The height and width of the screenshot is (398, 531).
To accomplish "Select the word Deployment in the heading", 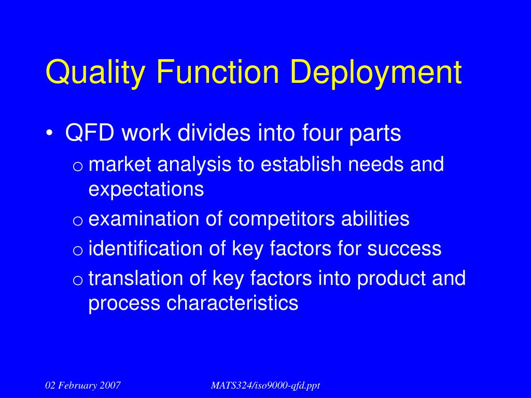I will point(375,73).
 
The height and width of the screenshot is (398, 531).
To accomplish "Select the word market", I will point(120,165).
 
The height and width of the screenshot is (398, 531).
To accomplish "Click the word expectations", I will point(146,190).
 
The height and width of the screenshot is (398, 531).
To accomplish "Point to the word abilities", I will point(375,219).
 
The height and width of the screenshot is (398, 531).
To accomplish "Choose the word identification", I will point(146,249).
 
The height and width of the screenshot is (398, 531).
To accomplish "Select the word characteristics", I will point(232,303).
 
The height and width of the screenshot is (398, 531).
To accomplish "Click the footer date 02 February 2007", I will point(83,385).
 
